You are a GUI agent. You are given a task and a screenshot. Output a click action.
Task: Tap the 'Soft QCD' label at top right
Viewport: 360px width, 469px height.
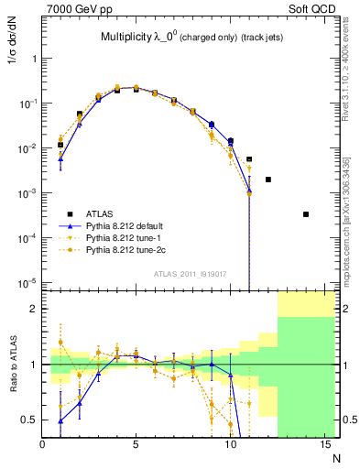[x=313, y=8]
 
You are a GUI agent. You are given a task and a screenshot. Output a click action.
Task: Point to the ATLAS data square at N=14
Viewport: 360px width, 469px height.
[x=305, y=214]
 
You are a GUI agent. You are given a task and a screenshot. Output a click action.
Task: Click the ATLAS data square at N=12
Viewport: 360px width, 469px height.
[x=267, y=180]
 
